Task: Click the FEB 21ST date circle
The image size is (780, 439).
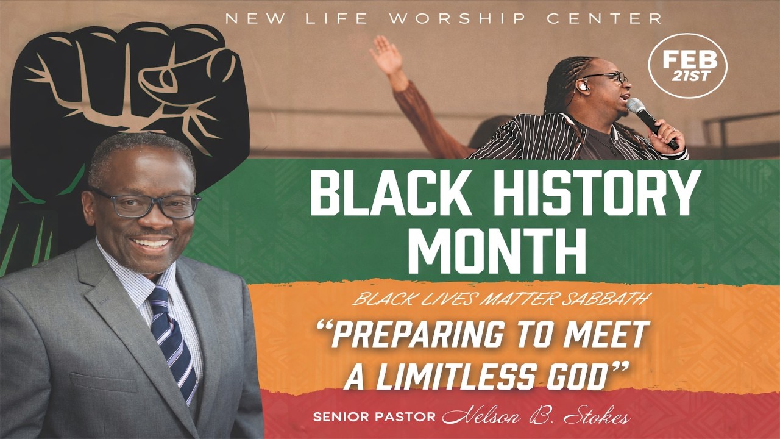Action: tap(687, 65)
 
